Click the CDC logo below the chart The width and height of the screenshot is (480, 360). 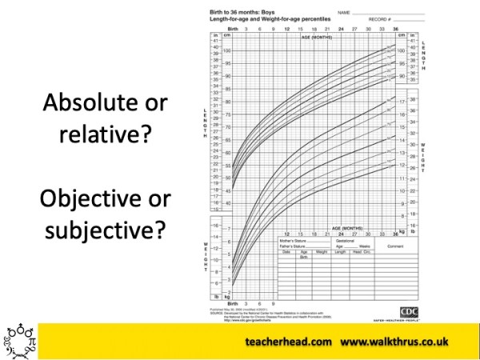coord(408,311)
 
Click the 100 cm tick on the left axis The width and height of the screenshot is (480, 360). coord(226,50)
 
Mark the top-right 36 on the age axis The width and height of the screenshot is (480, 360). coord(394,30)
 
